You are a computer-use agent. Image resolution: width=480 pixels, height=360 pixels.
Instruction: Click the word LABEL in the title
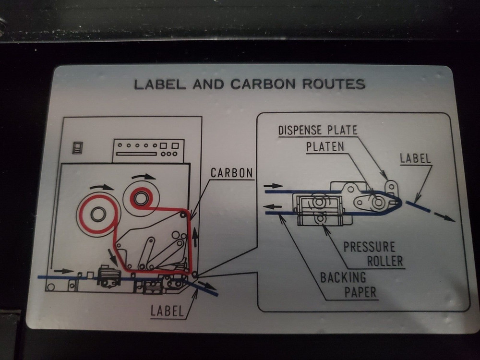160,84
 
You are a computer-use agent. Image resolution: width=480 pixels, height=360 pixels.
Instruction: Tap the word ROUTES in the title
334,84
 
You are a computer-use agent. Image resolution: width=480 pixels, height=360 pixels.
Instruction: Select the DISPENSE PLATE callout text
318,130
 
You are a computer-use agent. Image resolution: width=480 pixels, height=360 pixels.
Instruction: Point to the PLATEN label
325,146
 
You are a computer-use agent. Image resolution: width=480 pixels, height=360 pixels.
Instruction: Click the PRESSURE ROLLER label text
373,254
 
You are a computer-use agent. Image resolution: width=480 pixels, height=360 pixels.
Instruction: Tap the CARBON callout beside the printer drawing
232,173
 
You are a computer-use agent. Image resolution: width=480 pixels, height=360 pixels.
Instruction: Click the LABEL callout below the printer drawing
167,311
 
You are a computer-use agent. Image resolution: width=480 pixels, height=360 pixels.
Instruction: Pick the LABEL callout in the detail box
415,158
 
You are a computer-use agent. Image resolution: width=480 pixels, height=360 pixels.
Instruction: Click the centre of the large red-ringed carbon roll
98,214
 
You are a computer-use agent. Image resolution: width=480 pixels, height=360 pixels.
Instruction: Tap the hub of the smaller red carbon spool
141,199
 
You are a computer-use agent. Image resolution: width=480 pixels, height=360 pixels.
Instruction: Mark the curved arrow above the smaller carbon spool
144,177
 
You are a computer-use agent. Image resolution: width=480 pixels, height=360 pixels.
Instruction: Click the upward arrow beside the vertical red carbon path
195,238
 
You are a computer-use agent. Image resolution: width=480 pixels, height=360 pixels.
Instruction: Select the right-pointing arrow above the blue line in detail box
273,185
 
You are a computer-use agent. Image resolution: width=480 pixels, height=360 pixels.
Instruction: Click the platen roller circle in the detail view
378,203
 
